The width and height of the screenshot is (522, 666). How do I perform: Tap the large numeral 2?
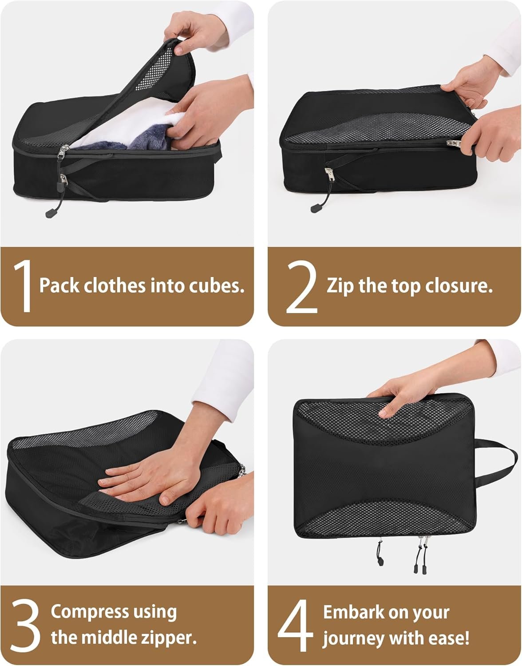(302, 286)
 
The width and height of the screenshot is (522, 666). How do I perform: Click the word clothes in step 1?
(115, 285)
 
